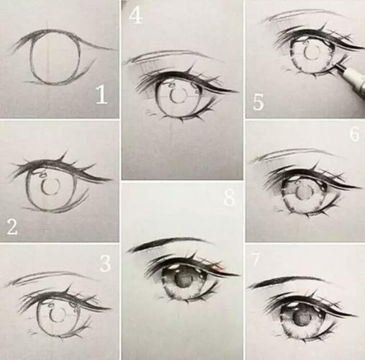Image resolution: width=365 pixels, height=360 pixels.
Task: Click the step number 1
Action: point(102,95)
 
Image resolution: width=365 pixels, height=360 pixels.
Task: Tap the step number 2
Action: point(12,227)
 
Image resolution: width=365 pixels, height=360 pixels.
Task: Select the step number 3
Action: point(105,264)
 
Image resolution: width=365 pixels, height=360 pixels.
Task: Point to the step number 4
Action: point(135,16)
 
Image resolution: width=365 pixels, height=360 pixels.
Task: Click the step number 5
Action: point(258,102)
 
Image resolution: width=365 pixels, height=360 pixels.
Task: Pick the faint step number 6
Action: point(354,134)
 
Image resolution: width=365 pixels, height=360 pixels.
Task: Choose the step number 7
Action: point(255,259)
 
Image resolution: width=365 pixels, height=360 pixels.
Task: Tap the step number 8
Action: point(229,199)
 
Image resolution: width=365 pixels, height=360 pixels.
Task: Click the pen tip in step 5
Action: point(336,64)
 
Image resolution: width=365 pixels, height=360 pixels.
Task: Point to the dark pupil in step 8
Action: point(184,280)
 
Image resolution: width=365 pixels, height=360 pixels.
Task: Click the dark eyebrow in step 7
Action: point(287,282)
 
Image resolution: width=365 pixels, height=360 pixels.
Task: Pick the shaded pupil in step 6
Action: point(305,192)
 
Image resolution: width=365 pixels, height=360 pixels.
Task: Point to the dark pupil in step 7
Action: point(302,319)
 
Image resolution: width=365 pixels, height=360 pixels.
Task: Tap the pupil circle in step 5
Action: point(312,53)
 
